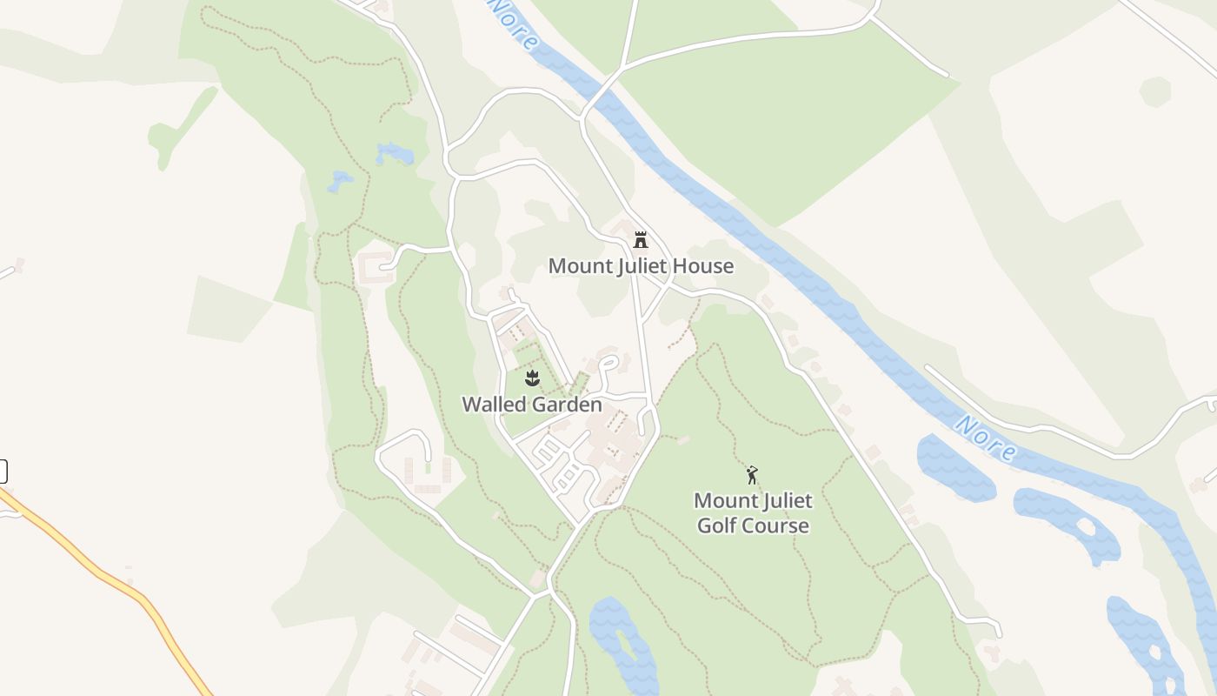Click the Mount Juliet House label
641,266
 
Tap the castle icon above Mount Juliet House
641,240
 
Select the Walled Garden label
531,405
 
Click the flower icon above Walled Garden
532,378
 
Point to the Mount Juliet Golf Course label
753,512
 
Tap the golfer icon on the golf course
753,475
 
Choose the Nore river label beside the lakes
986,438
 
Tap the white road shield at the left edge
3,471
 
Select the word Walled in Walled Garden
493,405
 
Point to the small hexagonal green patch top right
1155,91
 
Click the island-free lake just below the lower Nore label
954,467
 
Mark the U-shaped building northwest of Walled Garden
375,267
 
